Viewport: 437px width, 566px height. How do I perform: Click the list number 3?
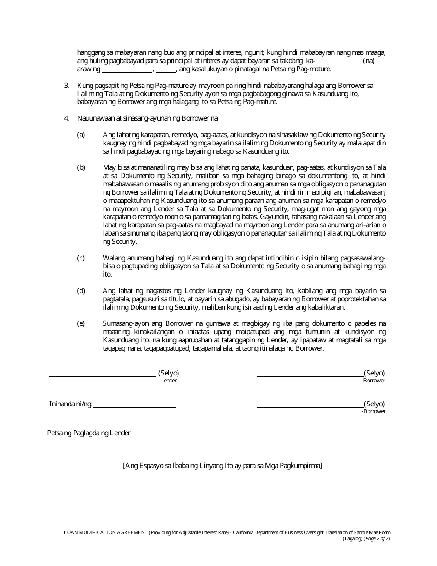[x=66, y=86]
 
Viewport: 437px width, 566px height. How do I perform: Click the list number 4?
[x=66, y=118]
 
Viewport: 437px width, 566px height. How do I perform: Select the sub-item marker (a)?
[x=81, y=135]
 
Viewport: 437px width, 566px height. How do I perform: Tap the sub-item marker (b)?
[x=81, y=167]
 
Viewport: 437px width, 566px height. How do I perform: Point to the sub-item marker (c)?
[x=81, y=258]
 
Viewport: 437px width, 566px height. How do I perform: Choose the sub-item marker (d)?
[x=81, y=291]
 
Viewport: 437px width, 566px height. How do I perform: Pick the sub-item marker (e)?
[x=81, y=323]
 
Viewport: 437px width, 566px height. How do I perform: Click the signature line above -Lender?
[x=103, y=376]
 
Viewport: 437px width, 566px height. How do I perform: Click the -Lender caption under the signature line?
[x=167, y=381]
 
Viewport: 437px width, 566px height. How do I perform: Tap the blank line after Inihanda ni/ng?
[x=134, y=407]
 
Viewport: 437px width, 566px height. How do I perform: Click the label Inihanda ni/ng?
[x=71, y=404]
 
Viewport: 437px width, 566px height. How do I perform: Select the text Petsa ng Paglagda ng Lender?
[x=89, y=433]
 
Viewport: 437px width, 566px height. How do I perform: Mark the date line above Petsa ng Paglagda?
[x=111, y=429]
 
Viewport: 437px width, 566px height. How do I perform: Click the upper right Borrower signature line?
[x=310, y=376]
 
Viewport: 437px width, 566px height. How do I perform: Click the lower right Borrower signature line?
[x=310, y=407]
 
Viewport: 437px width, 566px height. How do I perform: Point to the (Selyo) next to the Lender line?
[x=168, y=373]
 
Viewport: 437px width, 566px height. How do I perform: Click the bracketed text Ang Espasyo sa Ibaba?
[x=222, y=465]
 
